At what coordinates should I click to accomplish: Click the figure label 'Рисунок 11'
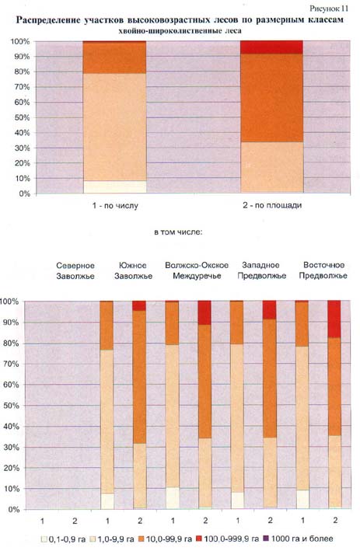click(329, 8)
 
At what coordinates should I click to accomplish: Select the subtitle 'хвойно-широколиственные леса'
click(180, 31)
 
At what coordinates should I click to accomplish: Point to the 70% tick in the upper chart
click(22, 87)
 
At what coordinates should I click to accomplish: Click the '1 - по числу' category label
click(115, 205)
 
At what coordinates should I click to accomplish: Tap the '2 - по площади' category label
click(272, 205)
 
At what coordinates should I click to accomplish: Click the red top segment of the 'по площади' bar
click(272, 47)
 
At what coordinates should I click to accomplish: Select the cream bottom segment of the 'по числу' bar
click(114, 187)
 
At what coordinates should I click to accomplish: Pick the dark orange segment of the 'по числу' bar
click(114, 58)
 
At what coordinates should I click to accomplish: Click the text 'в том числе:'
click(178, 232)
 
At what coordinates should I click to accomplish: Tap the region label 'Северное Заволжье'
click(75, 270)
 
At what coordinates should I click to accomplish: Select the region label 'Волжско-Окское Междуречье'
click(197, 270)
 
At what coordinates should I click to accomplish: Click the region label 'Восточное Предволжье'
click(323, 270)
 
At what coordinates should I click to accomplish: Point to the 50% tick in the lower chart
click(11, 406)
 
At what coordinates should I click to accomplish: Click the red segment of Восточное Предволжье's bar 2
click(334, 319)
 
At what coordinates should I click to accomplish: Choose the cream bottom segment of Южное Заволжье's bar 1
click(107, 501)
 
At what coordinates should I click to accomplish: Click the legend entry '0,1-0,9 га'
click(63, 539)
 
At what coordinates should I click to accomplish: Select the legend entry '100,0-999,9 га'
click(228, 539)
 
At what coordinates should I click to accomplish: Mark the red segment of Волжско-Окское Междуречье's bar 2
click(204, 312)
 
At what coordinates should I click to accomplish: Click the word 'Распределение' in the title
click(47, 20)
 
